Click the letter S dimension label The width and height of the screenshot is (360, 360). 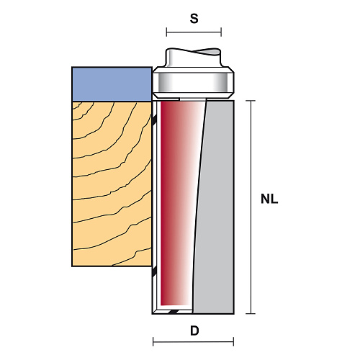tap(194, 19)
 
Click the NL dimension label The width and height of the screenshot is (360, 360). tap(269, 199)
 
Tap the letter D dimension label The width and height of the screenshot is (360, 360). tap(194, 331)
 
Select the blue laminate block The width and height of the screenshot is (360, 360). tap(112, 84)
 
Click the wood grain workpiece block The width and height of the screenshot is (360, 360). tap(112, 184)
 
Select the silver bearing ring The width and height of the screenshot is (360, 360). tap(193, 83)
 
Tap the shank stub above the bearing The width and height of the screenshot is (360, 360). tap(193, 58)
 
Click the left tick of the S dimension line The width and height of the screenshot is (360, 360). tap(166, 32)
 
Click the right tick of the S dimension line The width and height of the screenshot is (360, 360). tap(221, 32)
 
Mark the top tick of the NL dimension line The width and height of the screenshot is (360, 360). tap(251, 101)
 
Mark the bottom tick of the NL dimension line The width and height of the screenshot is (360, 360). tap(251, 313)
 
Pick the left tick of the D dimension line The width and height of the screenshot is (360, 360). tap(153, 341)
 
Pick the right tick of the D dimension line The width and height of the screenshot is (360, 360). tap(233, 341)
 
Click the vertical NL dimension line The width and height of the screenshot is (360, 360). tap(251, 207)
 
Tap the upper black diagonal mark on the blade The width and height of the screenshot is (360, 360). tap(154, 120)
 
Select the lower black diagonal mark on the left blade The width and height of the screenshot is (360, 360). tap(154, 272)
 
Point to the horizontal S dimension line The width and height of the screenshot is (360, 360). tap(194, 32)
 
